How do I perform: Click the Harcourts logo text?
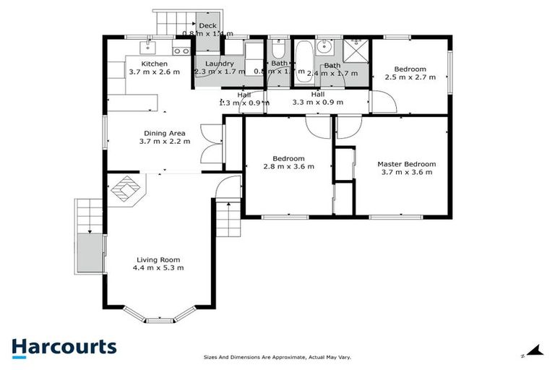pos(64,346)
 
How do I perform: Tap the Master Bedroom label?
pos(406,164)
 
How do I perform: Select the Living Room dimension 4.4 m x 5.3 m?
pos(158,268)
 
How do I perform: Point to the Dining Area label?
pos(165,133)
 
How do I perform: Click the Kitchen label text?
pos(154,64)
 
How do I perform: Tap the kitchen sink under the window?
pos(148,47)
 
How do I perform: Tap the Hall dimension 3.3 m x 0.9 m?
pos(317,103)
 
